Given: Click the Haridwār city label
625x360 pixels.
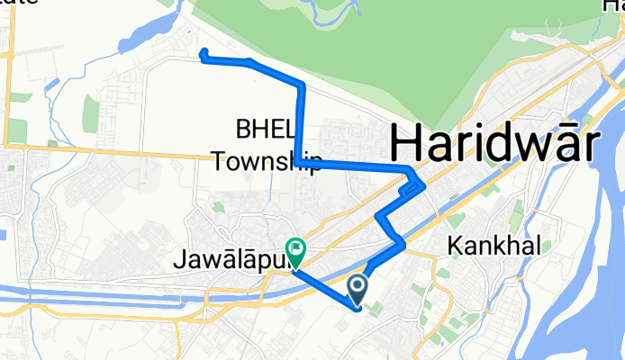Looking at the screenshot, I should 492,143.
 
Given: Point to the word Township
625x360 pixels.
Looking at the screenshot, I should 267,163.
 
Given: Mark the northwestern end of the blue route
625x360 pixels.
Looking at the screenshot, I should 203,51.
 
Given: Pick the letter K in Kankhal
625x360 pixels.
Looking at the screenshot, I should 453,245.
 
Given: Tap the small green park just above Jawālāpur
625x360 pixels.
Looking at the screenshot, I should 219,208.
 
